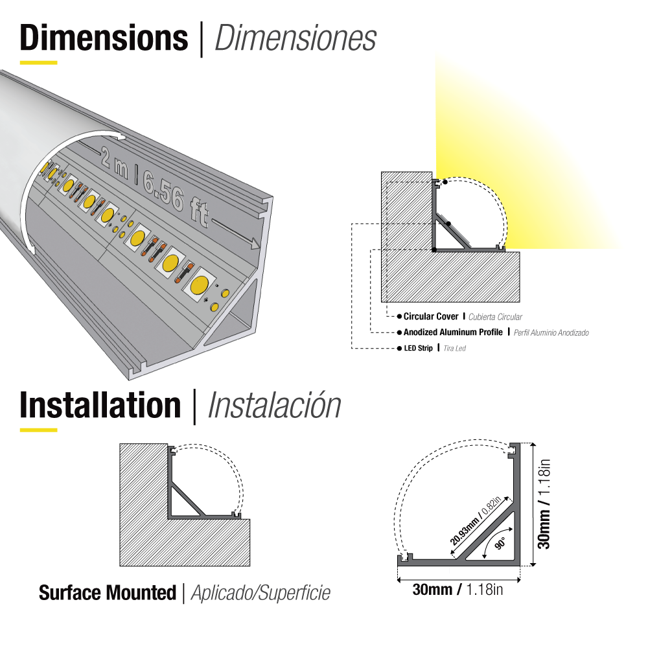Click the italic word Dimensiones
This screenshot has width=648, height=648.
pyautogui.click(x=295, y=39)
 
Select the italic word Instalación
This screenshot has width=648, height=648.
pyautogui.click(x=274, y=406)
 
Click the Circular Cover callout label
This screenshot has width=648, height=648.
pyautogui.click(x=430, y=317)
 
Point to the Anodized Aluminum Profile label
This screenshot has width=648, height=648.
pyautogui.click(x=453, y=332)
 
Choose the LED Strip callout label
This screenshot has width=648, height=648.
pyautogui.click(x=418, y=349)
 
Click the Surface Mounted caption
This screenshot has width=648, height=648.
pyautogui.click(x=108, y=592)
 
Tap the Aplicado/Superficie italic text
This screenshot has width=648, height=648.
pyautogui.click(x=260, y=593)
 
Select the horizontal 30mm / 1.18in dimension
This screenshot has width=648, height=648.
pyautogui.click(x=457, y=590)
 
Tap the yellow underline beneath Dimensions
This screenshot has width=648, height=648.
pyautogui.click(x=39, y=63)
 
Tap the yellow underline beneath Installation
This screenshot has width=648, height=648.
pyautogui.click(x=39, y=430)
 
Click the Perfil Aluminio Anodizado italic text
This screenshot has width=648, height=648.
pyautogui.click(x=551, y=333)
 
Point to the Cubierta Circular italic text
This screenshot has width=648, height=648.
pyautogui.click(x=495, y=318)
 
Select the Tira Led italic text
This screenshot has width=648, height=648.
pyautogui.click(x=455, y=349)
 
